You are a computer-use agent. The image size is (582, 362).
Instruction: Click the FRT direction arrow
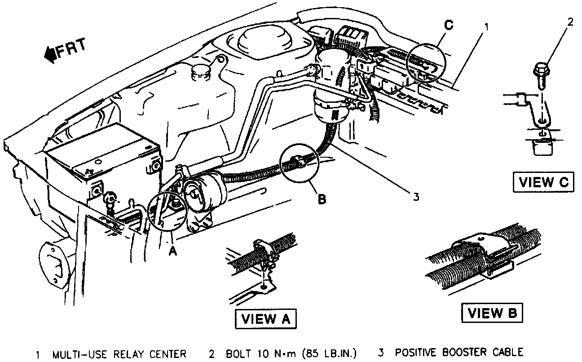coord(49,54)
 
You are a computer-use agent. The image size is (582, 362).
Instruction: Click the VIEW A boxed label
coord(265,319)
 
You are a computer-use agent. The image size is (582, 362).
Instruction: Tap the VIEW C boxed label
coord(543,182)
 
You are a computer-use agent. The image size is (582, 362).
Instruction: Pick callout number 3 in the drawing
coord(416,197)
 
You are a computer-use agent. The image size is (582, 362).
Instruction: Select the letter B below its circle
coord(322,199)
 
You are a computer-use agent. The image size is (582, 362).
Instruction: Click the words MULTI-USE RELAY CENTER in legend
coord(119,354)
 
